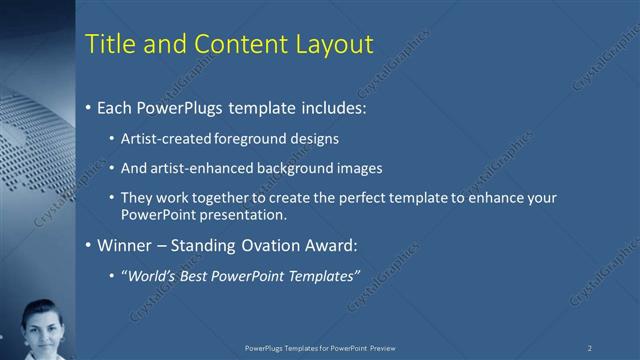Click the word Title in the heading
[x=108, y=44]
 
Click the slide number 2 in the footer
[x=590, y=347]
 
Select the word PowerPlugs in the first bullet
[x=185, y=107]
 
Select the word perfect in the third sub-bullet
[x=370, y=198]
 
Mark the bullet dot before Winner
[x=89, y=245]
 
